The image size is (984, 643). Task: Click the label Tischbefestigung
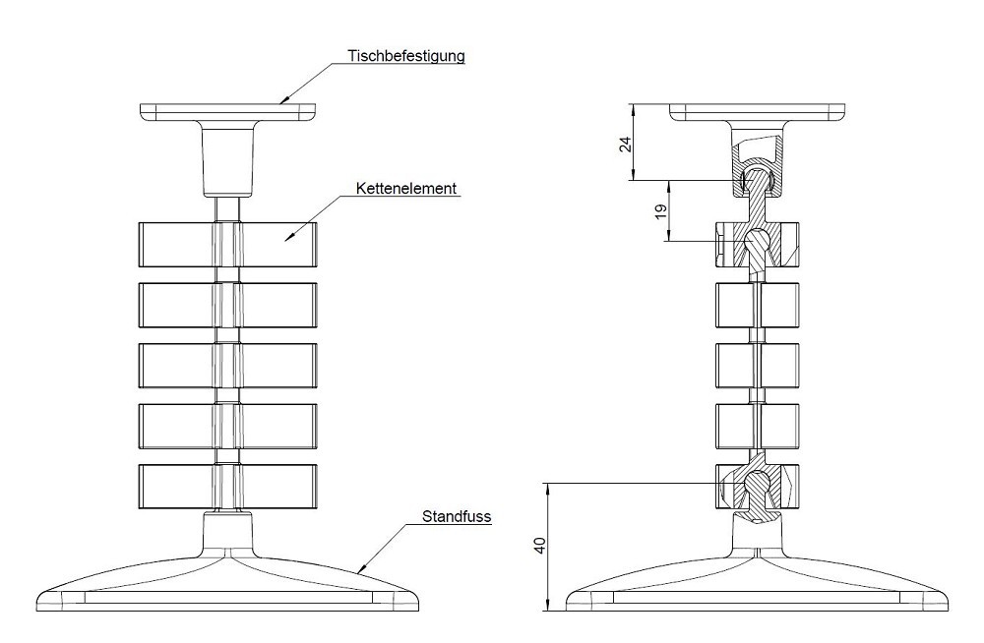tap(405, 55)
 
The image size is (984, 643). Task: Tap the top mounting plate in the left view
tap(228, 112)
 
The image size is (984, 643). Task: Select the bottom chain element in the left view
tap(227, 486)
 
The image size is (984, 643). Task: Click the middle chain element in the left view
tap(227, 365)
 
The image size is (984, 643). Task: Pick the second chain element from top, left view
tap(227, 305)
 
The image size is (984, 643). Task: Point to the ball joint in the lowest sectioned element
tap(757, 482)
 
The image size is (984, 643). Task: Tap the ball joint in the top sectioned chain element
tap(758, 241)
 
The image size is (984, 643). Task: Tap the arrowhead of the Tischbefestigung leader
tap(282, 101)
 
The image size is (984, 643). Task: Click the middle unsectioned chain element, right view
tap(758, 365)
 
